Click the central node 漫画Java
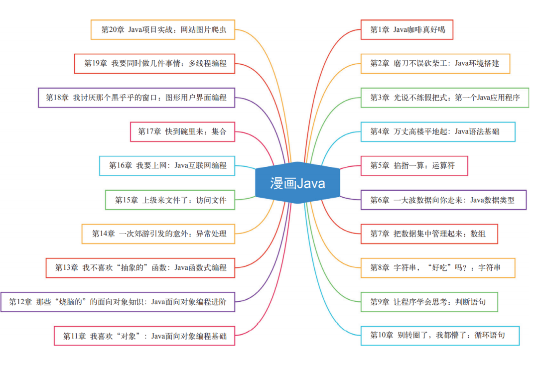[298, 183]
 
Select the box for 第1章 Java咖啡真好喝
[407, 30]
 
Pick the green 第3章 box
[444, 98]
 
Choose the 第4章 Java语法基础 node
[437, 131]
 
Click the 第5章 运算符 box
[414, 166]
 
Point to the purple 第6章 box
[443, 200]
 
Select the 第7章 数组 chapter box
[429, 234]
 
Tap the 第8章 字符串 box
[437, 267]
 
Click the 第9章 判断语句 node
[429, 301]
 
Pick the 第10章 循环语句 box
[439, 335]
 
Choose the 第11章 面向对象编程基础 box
[144, 336]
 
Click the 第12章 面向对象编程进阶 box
[118, 302]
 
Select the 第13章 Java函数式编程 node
[140, 267]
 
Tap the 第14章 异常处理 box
[158, 234]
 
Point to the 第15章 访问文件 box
[170, 200]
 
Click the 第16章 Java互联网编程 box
[167, 165]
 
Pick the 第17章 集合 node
[182, 131]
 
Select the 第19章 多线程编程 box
[154, 63]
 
